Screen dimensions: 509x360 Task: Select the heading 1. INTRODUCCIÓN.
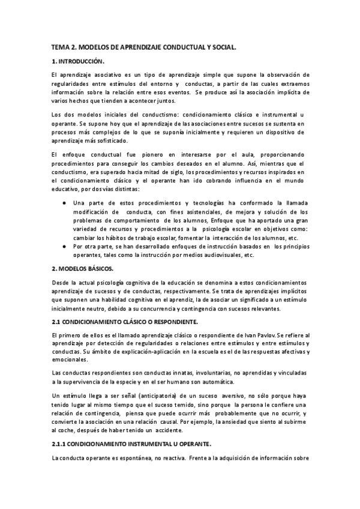pyautogui.click(x=79, y=61)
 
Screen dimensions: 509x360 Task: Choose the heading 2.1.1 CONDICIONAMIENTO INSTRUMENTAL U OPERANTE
pyautogui.click(x=131, y=443)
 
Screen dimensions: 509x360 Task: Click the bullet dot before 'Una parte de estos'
pyautogui.click(x=64, y=203)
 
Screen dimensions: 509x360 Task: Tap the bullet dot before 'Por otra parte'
pyautogui.click(x=64, y=246)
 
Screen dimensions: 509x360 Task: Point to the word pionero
pyautogui.click(x=160, y=154)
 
